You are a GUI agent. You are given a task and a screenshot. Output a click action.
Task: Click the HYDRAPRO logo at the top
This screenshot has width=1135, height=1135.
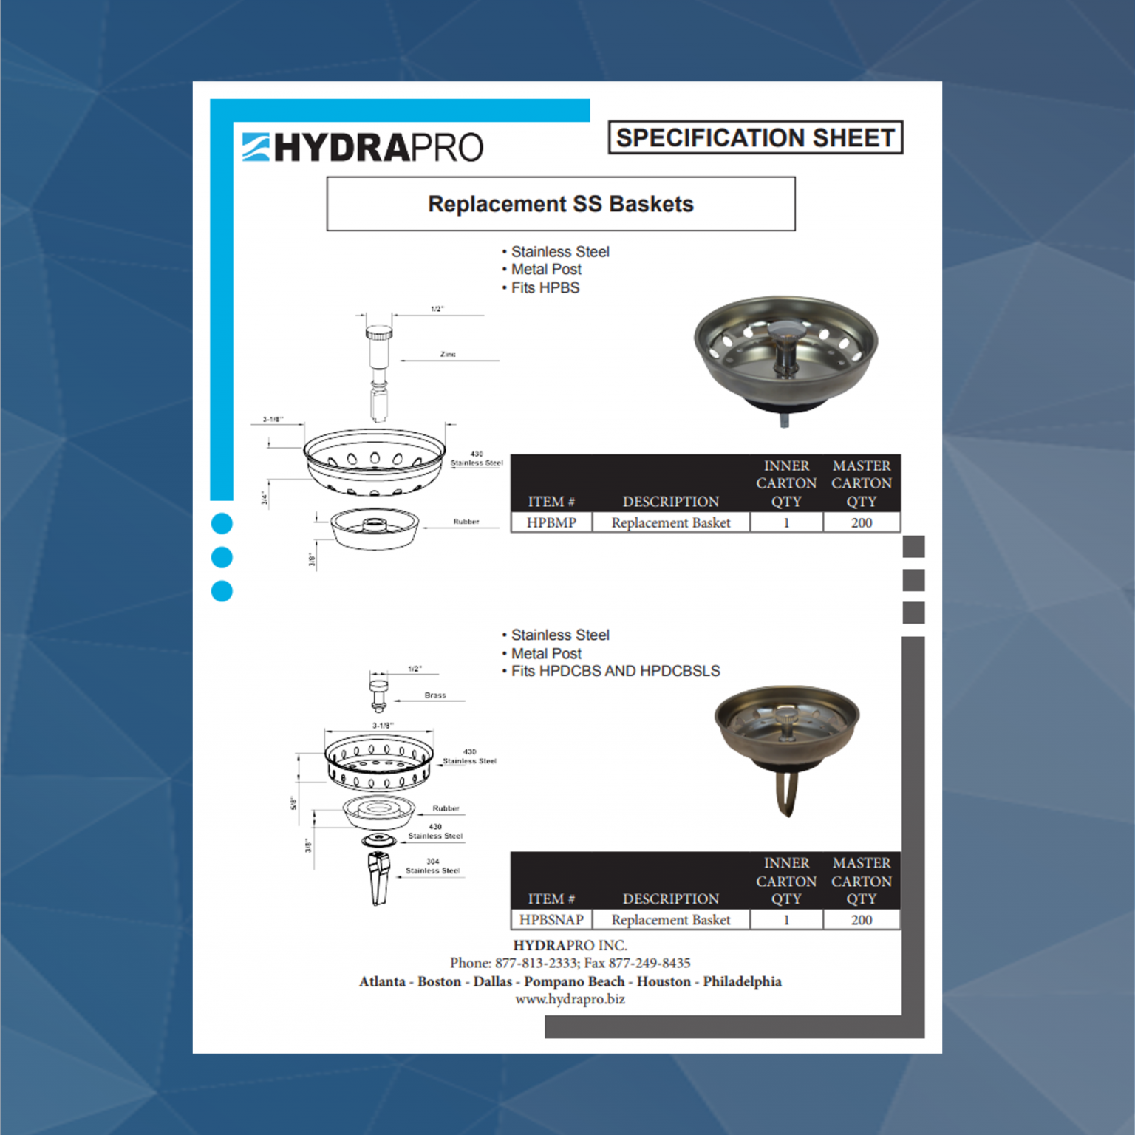pos(363,146)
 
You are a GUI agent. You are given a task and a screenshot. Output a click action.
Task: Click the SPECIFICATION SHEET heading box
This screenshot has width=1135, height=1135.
pos(755,137)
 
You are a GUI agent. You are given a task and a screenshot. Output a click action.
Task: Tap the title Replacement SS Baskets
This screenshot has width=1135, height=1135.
pos(561,204)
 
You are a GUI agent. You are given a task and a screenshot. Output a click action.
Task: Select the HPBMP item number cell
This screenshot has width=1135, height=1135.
pos(551,522)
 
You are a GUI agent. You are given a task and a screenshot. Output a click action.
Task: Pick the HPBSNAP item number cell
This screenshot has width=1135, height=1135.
pos(551,920)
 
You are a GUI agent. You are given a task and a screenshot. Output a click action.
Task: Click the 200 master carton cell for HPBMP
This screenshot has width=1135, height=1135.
pos(862,522)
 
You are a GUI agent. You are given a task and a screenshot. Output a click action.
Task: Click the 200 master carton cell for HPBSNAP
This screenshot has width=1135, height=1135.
pos(862,920)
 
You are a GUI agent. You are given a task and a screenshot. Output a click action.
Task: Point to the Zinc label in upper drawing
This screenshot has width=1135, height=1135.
pos(448,355)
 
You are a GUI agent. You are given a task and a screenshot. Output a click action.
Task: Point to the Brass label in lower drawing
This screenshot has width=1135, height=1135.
pos(435,695)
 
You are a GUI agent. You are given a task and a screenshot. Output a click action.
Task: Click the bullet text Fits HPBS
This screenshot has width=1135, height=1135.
pos(545,288)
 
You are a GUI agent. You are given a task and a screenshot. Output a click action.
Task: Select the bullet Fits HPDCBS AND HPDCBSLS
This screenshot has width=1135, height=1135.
pos(616,671)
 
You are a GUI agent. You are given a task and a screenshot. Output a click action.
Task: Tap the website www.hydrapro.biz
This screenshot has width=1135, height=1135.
pos(570,999)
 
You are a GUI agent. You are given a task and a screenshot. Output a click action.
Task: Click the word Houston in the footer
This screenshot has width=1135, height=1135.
pos(664,981)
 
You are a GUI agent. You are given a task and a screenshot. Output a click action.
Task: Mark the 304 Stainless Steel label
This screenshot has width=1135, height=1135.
pos(433,866)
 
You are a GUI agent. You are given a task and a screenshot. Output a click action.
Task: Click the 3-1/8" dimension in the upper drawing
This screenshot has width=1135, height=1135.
pos(273,420)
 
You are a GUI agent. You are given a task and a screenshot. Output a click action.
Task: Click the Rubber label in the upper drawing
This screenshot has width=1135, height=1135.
pos(466,522)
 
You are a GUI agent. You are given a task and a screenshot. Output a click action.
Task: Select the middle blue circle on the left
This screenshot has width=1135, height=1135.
pos(222,557)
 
